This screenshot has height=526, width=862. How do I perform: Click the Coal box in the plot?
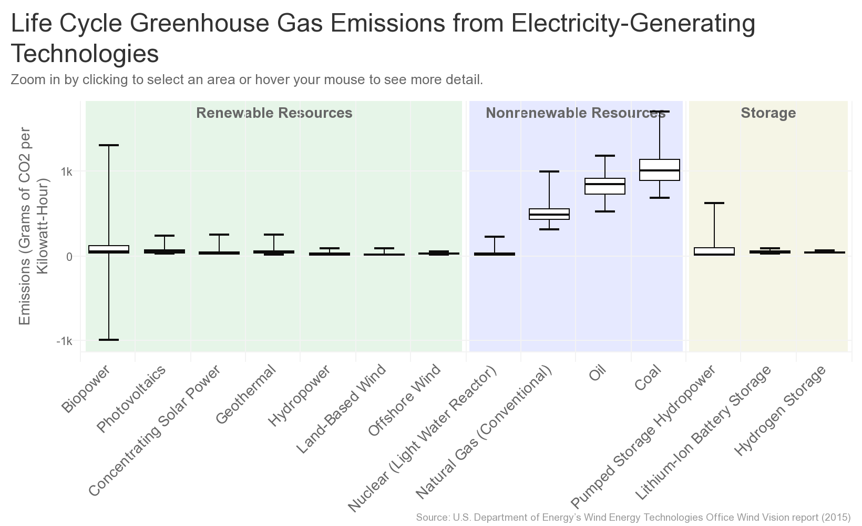[x=659, y=170]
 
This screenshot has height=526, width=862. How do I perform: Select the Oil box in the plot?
[x=604, y=186]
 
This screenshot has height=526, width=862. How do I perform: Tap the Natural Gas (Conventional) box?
[x=549, y=214]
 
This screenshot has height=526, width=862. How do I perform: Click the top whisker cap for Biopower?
[x=109, y=145]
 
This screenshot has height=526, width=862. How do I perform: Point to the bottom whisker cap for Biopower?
[x=109, y=340]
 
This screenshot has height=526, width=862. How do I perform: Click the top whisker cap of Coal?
[x=659, y=112]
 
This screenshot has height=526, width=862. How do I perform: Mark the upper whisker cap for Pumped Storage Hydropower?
[x=714, y=203]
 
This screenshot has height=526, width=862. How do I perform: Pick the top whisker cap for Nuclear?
[x=494, y=237]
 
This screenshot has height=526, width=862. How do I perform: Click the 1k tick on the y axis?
[x=66, y=172]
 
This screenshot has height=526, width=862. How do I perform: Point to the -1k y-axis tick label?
[x=64, y=341]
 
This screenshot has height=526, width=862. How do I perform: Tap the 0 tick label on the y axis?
[x=68, y=257]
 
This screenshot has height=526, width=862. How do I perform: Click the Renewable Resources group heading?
[x=274, y=113]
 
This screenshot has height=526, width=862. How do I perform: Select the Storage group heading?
[x=768, y=113]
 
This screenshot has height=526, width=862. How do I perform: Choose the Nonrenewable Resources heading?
[x=576, y=113]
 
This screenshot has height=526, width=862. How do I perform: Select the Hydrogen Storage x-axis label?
[x=781, y=410]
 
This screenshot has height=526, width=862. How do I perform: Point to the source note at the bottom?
[x=633, y=518]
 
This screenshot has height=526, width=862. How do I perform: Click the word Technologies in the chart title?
[x=85, y=54]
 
